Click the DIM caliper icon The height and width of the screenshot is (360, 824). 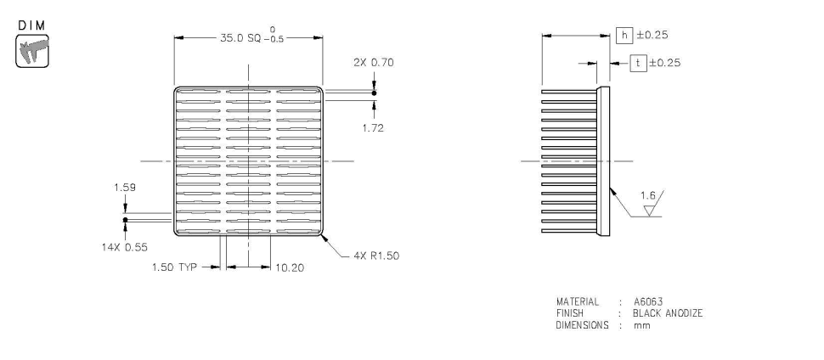(31, 50)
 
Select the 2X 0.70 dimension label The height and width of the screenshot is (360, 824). (373, 63)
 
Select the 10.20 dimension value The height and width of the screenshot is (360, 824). (291, 267)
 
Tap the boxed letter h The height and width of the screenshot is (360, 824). (624, 35)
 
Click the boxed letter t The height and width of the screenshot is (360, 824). (636, 62)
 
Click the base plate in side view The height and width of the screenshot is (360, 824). (604, 161)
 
